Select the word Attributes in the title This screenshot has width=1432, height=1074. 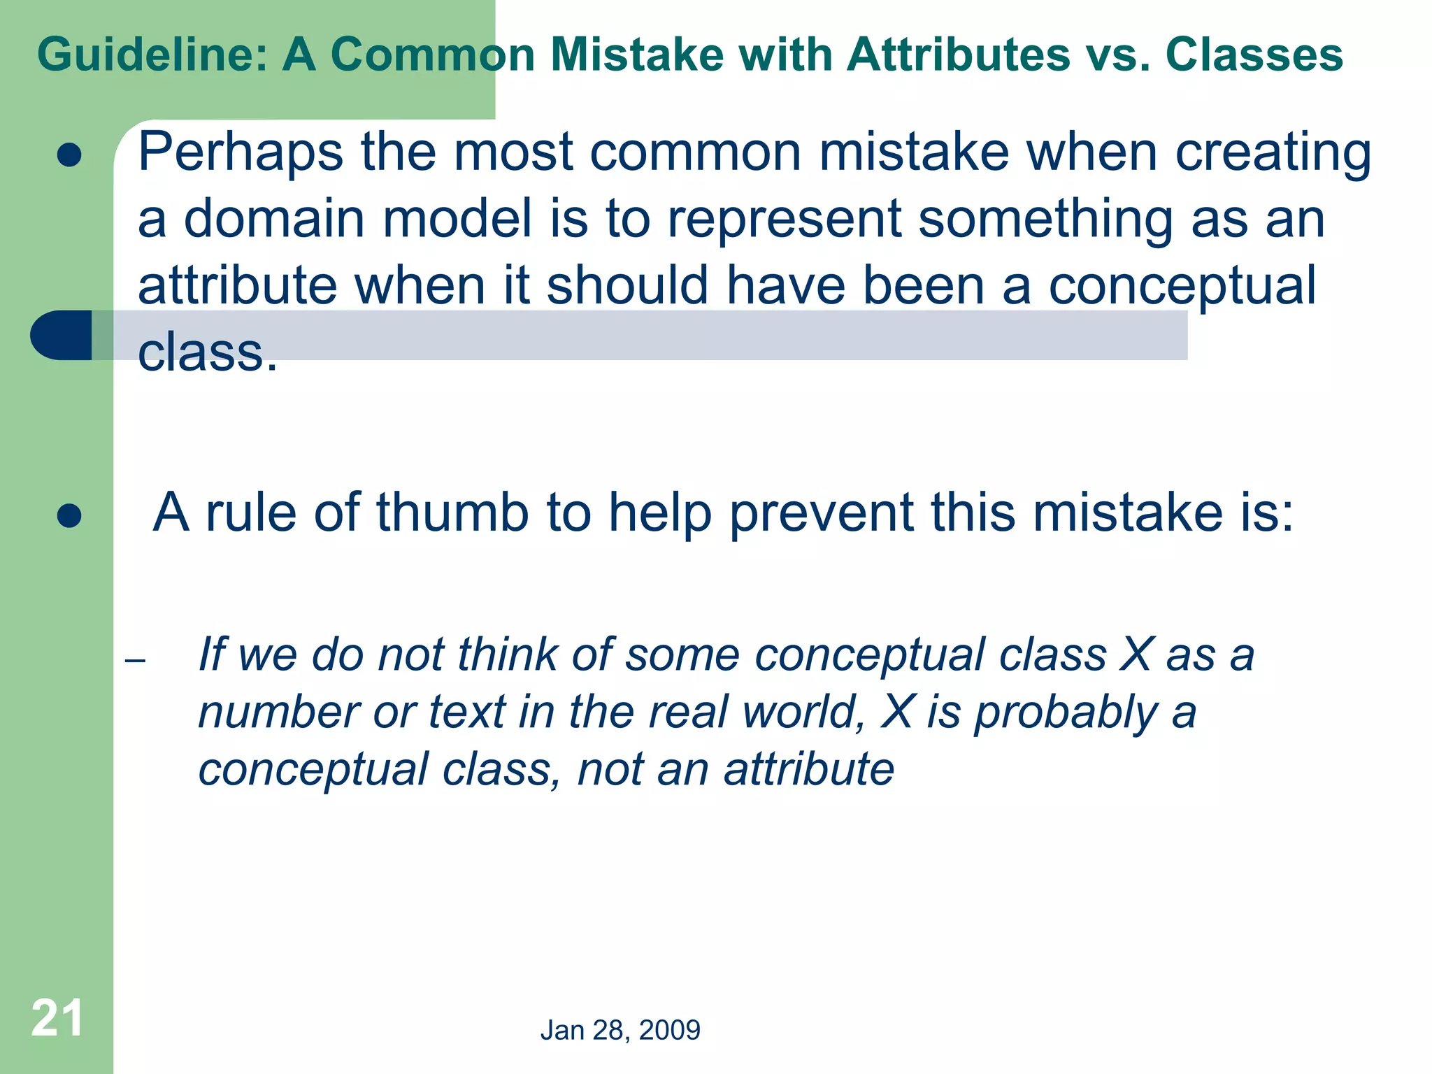coord(958,55)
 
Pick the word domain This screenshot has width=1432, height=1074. coord(275,219)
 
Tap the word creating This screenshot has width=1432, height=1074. coord(1273,152)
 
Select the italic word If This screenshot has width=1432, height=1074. coord(213,654)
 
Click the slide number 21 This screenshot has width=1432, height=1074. coord(57,1018)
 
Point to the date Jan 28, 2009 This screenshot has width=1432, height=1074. coord(620,1030)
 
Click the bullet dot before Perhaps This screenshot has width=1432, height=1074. coord(69,155)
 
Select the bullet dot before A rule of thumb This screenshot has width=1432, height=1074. coord(69,516)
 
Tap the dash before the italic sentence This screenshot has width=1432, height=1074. coord(135,660)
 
